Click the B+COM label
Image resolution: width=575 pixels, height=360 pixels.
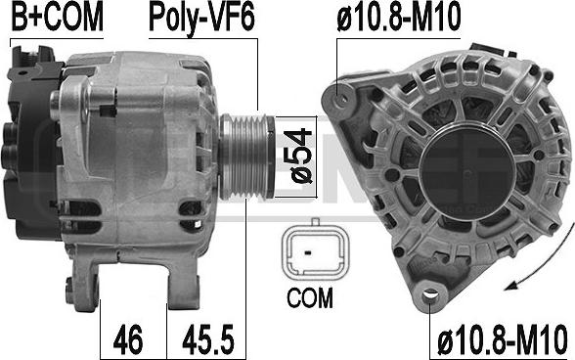coord(55,17)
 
